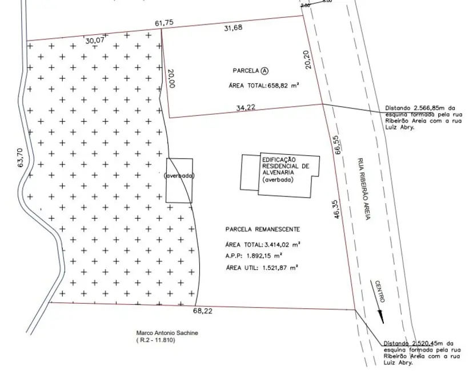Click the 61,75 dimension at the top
point(164,23)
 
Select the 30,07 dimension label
point(94,40)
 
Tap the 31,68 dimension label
point(233,28)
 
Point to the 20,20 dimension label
point(308,59)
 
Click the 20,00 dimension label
point(171,78)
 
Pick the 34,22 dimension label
point(246,108)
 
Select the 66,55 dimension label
point(338,145)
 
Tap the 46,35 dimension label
point(336,209)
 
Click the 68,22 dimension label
point(203,311)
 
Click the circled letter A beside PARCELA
point(264,71)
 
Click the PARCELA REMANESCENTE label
point(263,229)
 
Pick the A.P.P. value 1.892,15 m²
point(264,256)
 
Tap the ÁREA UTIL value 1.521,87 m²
point(280,268)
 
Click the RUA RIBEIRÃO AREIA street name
point(364,189)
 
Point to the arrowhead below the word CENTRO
point(381,317)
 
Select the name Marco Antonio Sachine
point(167,333)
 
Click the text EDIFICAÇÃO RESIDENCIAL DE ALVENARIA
point(286,166)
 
